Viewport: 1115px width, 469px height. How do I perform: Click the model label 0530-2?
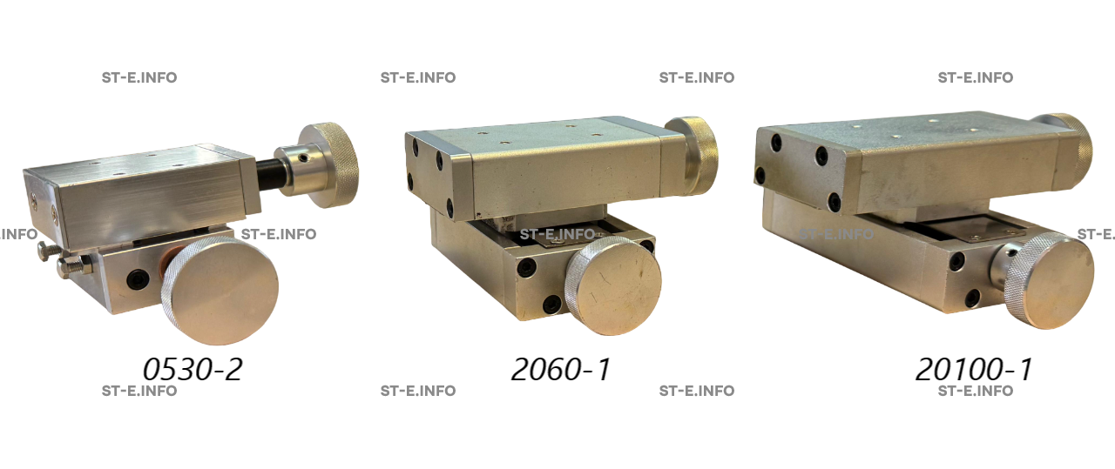point(193,369)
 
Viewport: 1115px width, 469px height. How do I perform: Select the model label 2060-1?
point(560,369)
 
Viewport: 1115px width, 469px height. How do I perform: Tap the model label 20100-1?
point(974,369)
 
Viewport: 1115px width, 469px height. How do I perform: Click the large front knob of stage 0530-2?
point(220,291)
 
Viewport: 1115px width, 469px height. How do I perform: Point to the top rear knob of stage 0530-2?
point(329,164)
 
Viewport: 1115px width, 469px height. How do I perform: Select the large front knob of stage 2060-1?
point(613,285)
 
